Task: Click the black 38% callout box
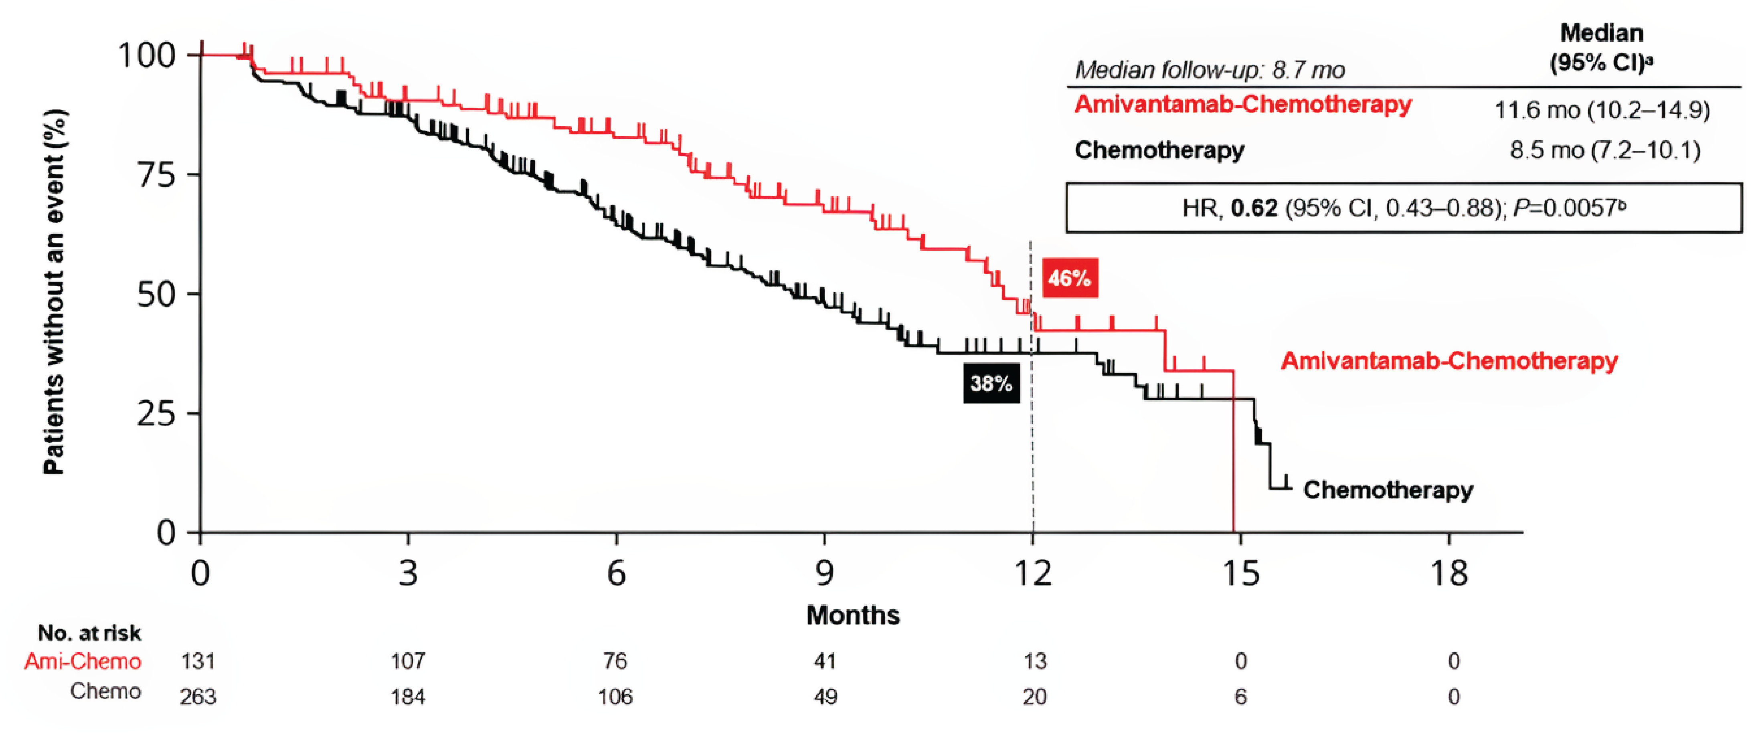coord(991,384)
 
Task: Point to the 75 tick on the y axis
coord(157,174)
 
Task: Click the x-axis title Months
coord(853,615)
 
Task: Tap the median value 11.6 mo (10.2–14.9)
coord(1602,110)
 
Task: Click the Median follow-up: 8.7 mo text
coord(1209,70)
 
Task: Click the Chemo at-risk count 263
coord(198,696)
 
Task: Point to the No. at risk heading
coord(89,633)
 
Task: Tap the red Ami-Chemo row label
coord(83,661)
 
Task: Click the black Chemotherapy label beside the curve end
coord(1388,490)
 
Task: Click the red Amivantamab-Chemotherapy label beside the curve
coord(1449,360)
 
